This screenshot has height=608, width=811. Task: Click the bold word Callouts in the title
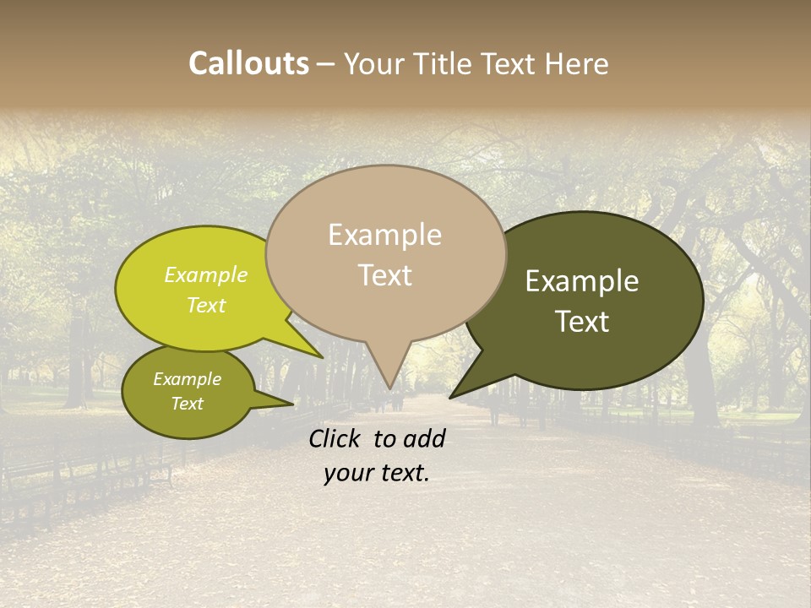(x=248, y=63)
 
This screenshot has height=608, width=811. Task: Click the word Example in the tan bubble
(x=384, y=235)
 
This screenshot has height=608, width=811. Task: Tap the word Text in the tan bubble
(x=385, y=275)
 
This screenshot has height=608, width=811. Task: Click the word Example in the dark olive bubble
(x=582, y=281)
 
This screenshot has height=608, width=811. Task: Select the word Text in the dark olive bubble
(x=583, y=322)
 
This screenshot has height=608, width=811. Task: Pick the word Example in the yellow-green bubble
(x=206, y=274)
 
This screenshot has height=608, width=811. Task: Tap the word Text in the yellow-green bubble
(x=206, y=305)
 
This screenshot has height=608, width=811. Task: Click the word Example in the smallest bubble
(x=187, y=379)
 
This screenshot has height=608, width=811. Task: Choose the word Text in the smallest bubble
(x=187, y=404)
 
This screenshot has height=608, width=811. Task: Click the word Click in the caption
(x=335, y=438)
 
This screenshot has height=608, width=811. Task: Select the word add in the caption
(x=424, y=438)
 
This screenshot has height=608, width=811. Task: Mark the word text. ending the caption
(x=403, y=474)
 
